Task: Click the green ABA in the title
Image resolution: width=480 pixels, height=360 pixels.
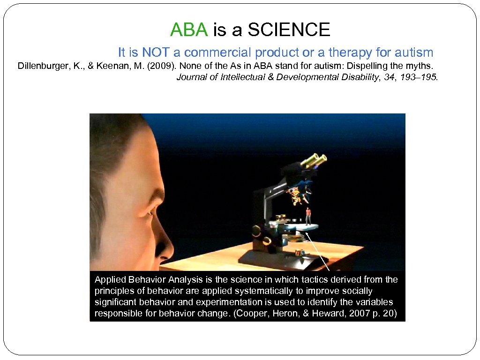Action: tap(188, 30)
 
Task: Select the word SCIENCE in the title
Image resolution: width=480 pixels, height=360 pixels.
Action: tap(289, 30)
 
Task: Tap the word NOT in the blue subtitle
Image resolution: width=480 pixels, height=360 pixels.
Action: tap(156, 52)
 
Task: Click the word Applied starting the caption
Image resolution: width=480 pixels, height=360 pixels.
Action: tap(111, 280)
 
